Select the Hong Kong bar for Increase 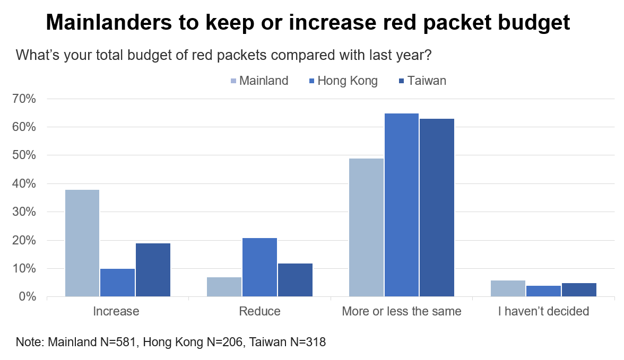(x=117, y=283)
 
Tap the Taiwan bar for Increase (x=153, y=270)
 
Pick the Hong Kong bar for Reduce (x=259, y=267)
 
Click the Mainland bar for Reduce (x=224, y=287)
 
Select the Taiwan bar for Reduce (x=295, y=280)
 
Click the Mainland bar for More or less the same (x=366, y=227)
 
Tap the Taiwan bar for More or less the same (x=437, y=207)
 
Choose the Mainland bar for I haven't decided (x=508, y=288)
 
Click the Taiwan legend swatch (x=402, y=81)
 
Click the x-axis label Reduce (x=259, y=311)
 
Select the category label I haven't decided (x=543, y=311)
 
